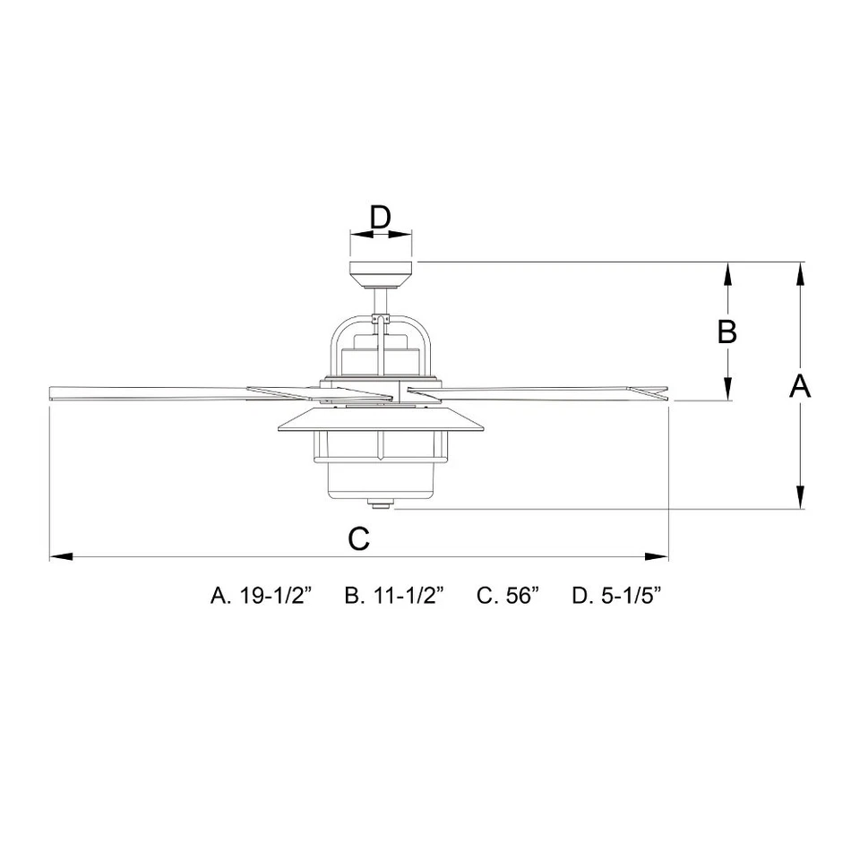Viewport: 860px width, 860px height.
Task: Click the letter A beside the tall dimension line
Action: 800,386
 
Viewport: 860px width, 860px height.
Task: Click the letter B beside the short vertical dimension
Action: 727,331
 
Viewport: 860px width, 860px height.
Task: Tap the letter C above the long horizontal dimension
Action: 358,538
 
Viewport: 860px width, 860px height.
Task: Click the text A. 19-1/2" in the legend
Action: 260,596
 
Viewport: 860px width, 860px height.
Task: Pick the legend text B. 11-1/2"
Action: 395,596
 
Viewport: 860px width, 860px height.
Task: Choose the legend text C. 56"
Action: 508,596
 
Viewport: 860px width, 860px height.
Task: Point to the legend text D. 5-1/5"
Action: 616,596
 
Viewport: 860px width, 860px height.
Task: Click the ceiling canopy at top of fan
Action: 381,271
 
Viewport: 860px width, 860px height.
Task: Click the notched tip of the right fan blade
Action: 658,391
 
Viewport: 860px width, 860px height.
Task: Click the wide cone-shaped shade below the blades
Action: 382,422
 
